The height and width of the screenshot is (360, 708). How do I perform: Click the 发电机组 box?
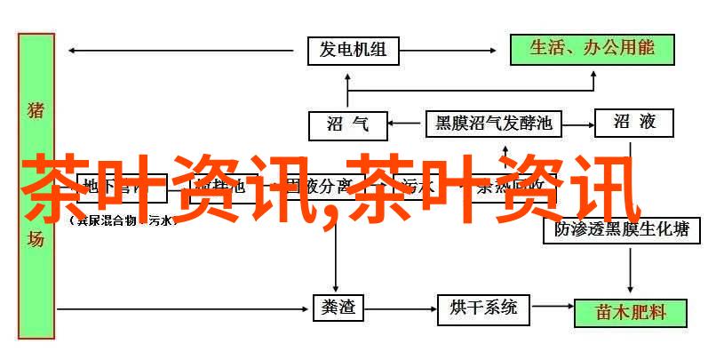coord(353,50)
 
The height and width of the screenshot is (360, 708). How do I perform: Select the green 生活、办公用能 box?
coord(593,50)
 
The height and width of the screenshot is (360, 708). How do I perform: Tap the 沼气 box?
coord(348,124)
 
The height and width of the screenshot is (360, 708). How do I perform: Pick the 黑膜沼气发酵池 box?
coord(494,123)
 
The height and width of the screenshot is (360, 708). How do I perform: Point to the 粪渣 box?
coord(336,308)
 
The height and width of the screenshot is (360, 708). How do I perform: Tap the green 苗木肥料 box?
coord(630,312)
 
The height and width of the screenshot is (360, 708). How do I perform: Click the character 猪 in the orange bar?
coord(36,111)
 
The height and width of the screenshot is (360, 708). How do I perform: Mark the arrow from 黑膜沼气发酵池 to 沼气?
coord(407,123)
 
